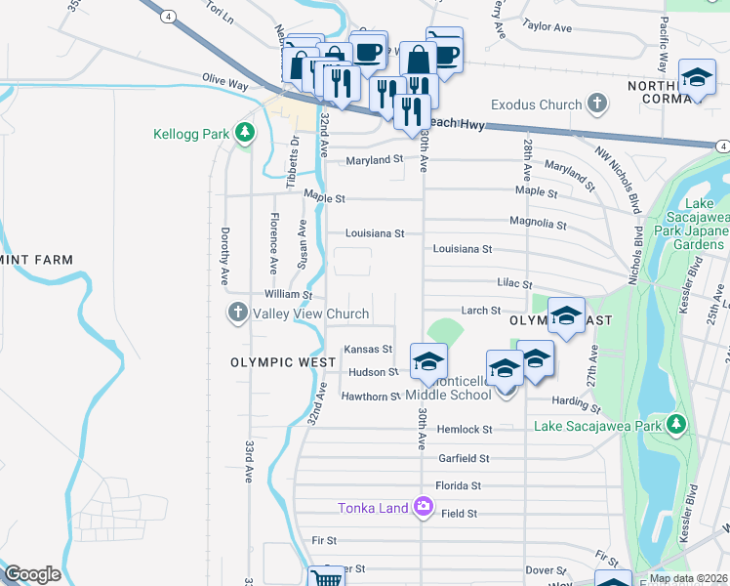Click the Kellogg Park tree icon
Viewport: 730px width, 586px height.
(x=244, y=134)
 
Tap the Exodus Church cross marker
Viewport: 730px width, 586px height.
(x=597, y=104)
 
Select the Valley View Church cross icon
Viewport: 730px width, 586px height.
(x=237, y=314)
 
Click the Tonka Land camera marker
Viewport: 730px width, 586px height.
(x=424, y=507)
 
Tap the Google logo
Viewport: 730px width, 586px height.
(x=32, y=574)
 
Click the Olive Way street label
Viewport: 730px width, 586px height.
(x=224, y=82)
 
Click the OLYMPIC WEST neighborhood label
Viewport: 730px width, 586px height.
(x=276, y=361)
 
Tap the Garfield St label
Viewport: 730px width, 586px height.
(x=463, y=457)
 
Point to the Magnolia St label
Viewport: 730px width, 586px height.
(x=538, y=224)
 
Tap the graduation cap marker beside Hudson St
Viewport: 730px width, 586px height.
(x=427, y=361)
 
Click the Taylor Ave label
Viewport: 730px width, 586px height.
(x=547, y=27)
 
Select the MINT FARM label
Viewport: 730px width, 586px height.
(x=37, y=260)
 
